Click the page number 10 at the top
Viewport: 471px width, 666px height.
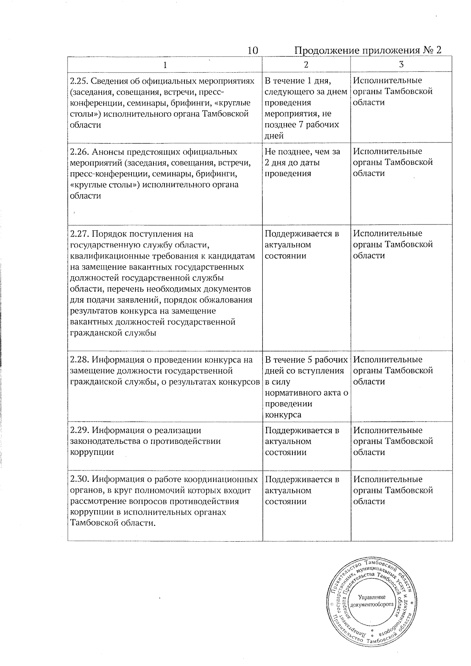tap(253, 51)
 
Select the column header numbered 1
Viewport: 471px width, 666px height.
tap(165, 65)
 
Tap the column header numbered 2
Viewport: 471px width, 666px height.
tap(306, 65)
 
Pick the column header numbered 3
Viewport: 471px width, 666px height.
tap(401, 65)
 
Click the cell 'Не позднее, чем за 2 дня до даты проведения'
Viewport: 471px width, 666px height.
tap(303, 162)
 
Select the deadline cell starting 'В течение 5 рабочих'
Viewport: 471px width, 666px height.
tap(307, 387)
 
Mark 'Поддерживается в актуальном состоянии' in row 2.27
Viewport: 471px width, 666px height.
tap(302, 245)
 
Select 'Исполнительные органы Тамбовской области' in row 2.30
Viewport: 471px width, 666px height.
tap(393, 491)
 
